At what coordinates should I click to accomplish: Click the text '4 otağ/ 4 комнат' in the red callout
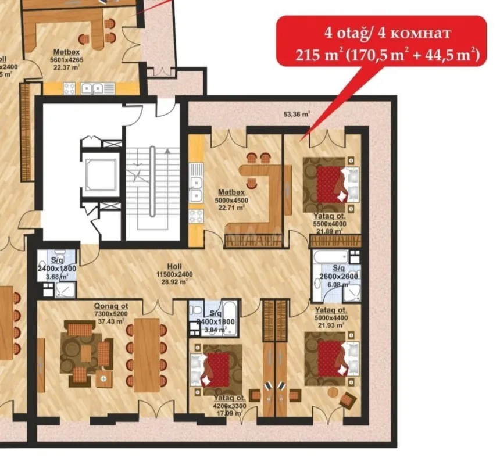[x=380, y=33]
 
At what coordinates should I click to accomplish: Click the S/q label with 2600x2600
[x=339, y=268]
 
